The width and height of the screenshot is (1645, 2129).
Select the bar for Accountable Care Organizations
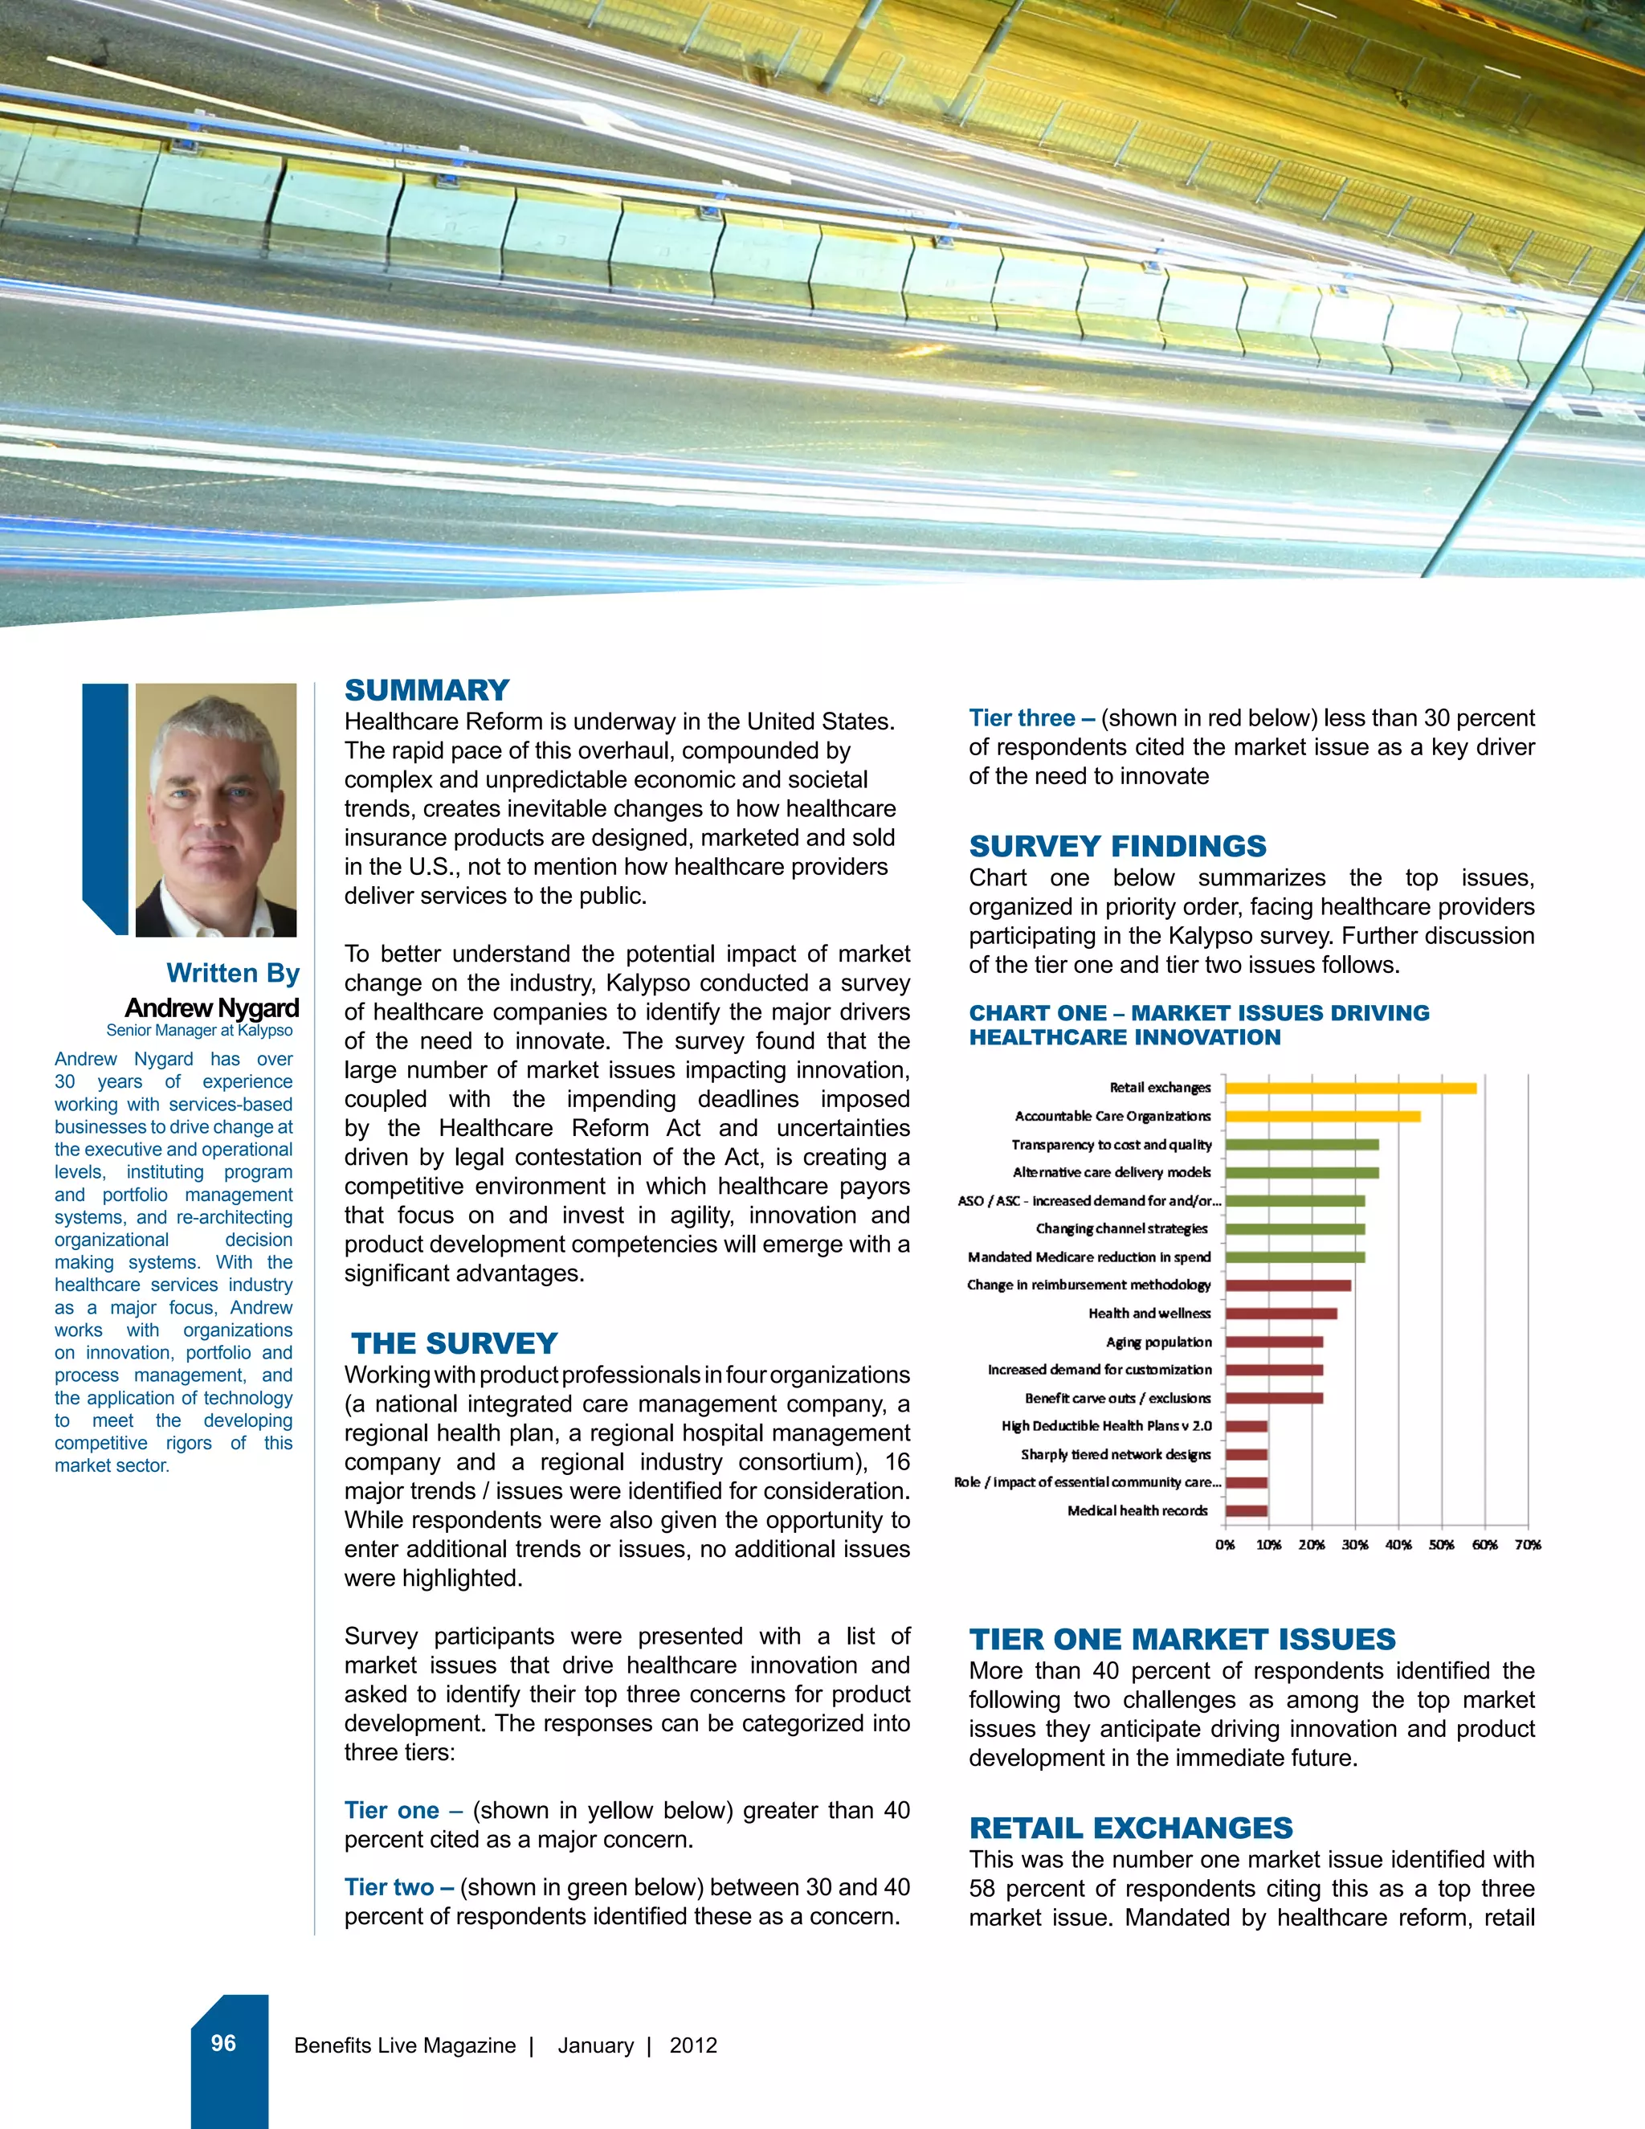pos(1322,1116)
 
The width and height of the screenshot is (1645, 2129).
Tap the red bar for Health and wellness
pos(1280,1313)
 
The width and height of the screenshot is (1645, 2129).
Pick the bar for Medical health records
pos(1247,1511)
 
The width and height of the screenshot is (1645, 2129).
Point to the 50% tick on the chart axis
pos(1441,1545)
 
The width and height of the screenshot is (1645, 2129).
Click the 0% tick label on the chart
pos(1225,1545)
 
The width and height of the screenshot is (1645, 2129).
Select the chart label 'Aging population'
pos(1159,1342)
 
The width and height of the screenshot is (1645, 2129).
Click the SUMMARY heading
pos(427,690)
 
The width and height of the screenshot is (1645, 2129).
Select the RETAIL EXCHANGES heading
pos(1130,1828)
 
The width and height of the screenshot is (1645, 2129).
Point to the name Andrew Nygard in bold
pos(211,1008)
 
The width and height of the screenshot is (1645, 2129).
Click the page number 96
pos(223,2043)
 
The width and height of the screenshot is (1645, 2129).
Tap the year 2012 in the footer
pos(693,2045)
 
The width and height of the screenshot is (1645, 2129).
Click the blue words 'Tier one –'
pos(402,1810)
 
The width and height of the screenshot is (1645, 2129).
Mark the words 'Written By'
pos(233,973)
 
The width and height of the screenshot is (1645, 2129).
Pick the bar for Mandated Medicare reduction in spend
pos(1294,1257)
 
